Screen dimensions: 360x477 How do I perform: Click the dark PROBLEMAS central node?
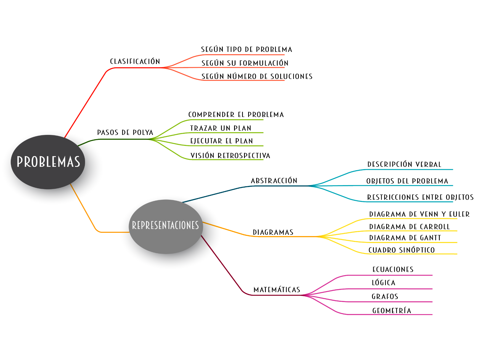pos(48,162)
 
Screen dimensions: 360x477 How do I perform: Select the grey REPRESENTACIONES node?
pos(166,226)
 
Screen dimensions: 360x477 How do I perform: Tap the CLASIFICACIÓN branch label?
pos(135,62)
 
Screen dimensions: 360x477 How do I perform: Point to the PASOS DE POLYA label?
pos(125,133)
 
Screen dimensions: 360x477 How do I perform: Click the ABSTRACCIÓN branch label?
pos(274,181)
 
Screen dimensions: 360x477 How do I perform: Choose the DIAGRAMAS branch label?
pos(273,232)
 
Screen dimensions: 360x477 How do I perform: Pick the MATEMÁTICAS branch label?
pos(277,290)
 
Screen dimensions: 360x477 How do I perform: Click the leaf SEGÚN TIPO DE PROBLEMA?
pos(247,50)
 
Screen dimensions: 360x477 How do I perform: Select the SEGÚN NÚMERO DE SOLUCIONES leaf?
pos(257,76)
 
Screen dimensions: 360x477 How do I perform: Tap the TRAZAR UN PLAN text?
pos(221,128)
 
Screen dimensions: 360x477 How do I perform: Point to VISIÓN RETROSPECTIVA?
pos(230,156)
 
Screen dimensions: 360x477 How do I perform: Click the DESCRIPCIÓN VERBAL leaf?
pos(404,164)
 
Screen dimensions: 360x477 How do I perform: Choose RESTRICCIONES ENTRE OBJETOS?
pos(420,197)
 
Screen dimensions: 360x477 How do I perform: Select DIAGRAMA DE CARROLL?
pos(410,227)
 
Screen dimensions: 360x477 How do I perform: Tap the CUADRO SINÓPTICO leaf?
pos(402,250)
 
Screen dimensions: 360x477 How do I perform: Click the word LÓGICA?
pos(384,283)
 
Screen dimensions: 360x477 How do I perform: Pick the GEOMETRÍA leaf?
pos(392,311)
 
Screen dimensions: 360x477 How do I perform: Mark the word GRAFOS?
pos(385,297)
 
